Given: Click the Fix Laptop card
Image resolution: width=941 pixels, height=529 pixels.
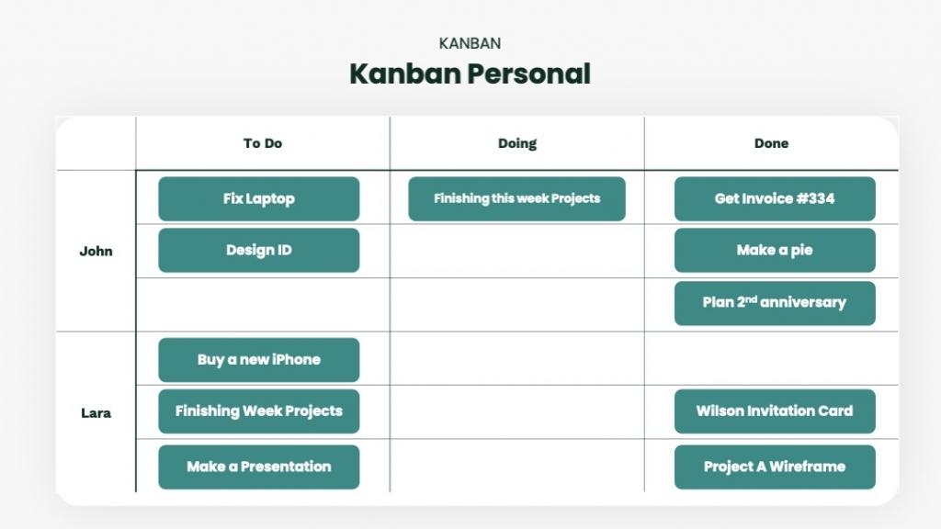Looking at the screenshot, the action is (x=258, y=198).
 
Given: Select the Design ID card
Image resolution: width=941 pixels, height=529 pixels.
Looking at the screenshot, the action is (x=258, y=250).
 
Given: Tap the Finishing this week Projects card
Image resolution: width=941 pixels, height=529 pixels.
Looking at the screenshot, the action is (x=516, y=198).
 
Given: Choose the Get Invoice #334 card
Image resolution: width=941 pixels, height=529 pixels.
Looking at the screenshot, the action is (x=775, y=198).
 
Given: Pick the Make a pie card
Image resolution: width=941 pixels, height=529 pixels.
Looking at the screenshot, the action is (x=775, y=250).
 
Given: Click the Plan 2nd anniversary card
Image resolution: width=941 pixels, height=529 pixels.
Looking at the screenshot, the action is (x=775, y=303).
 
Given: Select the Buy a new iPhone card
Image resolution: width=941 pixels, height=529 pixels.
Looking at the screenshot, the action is (x=258, y=360).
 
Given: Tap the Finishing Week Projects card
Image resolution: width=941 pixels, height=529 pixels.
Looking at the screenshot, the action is (x=258, y=411).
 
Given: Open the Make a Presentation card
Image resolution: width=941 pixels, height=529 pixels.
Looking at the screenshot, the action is (x=258, y=467).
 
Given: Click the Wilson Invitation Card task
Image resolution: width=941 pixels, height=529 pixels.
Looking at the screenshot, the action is (x=775, y=411).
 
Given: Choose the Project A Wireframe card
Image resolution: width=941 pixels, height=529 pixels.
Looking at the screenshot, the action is (x=775, y=467).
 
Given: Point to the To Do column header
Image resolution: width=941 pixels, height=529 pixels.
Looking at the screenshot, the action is (x=263, y=143).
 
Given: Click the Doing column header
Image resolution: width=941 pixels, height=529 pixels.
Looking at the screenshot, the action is (x=517, y=144).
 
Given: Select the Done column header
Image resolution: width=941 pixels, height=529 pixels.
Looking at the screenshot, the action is (x=771, y=143).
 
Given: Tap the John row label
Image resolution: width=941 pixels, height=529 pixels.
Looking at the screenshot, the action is (x=96, y=252).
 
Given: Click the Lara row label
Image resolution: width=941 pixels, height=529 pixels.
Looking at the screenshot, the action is (x=96, y=413).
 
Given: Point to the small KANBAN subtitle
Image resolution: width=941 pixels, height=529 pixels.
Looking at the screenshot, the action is (x=470, y=43).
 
